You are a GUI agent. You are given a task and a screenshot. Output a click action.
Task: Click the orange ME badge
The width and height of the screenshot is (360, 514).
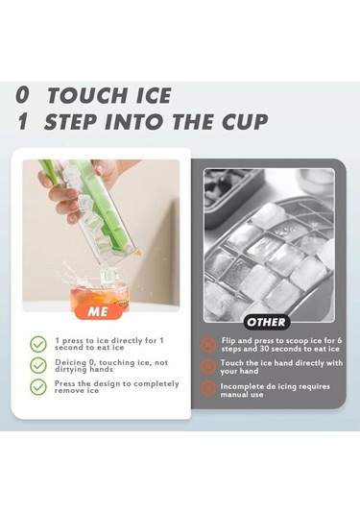(98, 311)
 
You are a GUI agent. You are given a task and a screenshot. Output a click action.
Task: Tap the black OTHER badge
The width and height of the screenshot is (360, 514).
(267, 322)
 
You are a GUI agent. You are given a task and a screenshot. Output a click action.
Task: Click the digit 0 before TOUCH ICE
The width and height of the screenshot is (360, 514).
(23, 95)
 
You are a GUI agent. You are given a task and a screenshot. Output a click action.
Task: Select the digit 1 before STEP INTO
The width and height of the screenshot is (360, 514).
(22, 121)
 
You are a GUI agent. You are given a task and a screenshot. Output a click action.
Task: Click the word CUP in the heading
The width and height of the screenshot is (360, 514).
(245, 121)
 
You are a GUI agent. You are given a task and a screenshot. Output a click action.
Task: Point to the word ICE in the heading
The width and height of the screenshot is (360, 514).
(153, 95)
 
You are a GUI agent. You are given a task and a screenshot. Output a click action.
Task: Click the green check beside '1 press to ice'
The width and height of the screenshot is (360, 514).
(38, 344)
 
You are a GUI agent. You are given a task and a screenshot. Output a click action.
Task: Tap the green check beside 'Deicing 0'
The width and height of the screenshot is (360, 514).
(38, 365)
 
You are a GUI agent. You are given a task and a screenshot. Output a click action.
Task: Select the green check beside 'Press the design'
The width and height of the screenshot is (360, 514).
(38, 387)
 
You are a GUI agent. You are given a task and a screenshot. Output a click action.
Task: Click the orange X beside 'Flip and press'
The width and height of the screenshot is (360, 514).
(208, 345)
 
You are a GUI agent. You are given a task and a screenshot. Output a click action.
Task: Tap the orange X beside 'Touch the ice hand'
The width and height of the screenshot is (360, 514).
(208, 366)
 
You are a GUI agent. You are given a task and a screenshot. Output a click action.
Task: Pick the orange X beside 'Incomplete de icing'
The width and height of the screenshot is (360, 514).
(208, 388)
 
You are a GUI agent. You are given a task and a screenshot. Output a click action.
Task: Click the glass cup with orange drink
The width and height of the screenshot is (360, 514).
(99, 293)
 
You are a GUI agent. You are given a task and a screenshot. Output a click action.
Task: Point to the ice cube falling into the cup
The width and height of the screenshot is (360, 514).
(108, 276)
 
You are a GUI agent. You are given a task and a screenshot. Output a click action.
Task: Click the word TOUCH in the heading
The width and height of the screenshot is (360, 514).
(86, 95)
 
